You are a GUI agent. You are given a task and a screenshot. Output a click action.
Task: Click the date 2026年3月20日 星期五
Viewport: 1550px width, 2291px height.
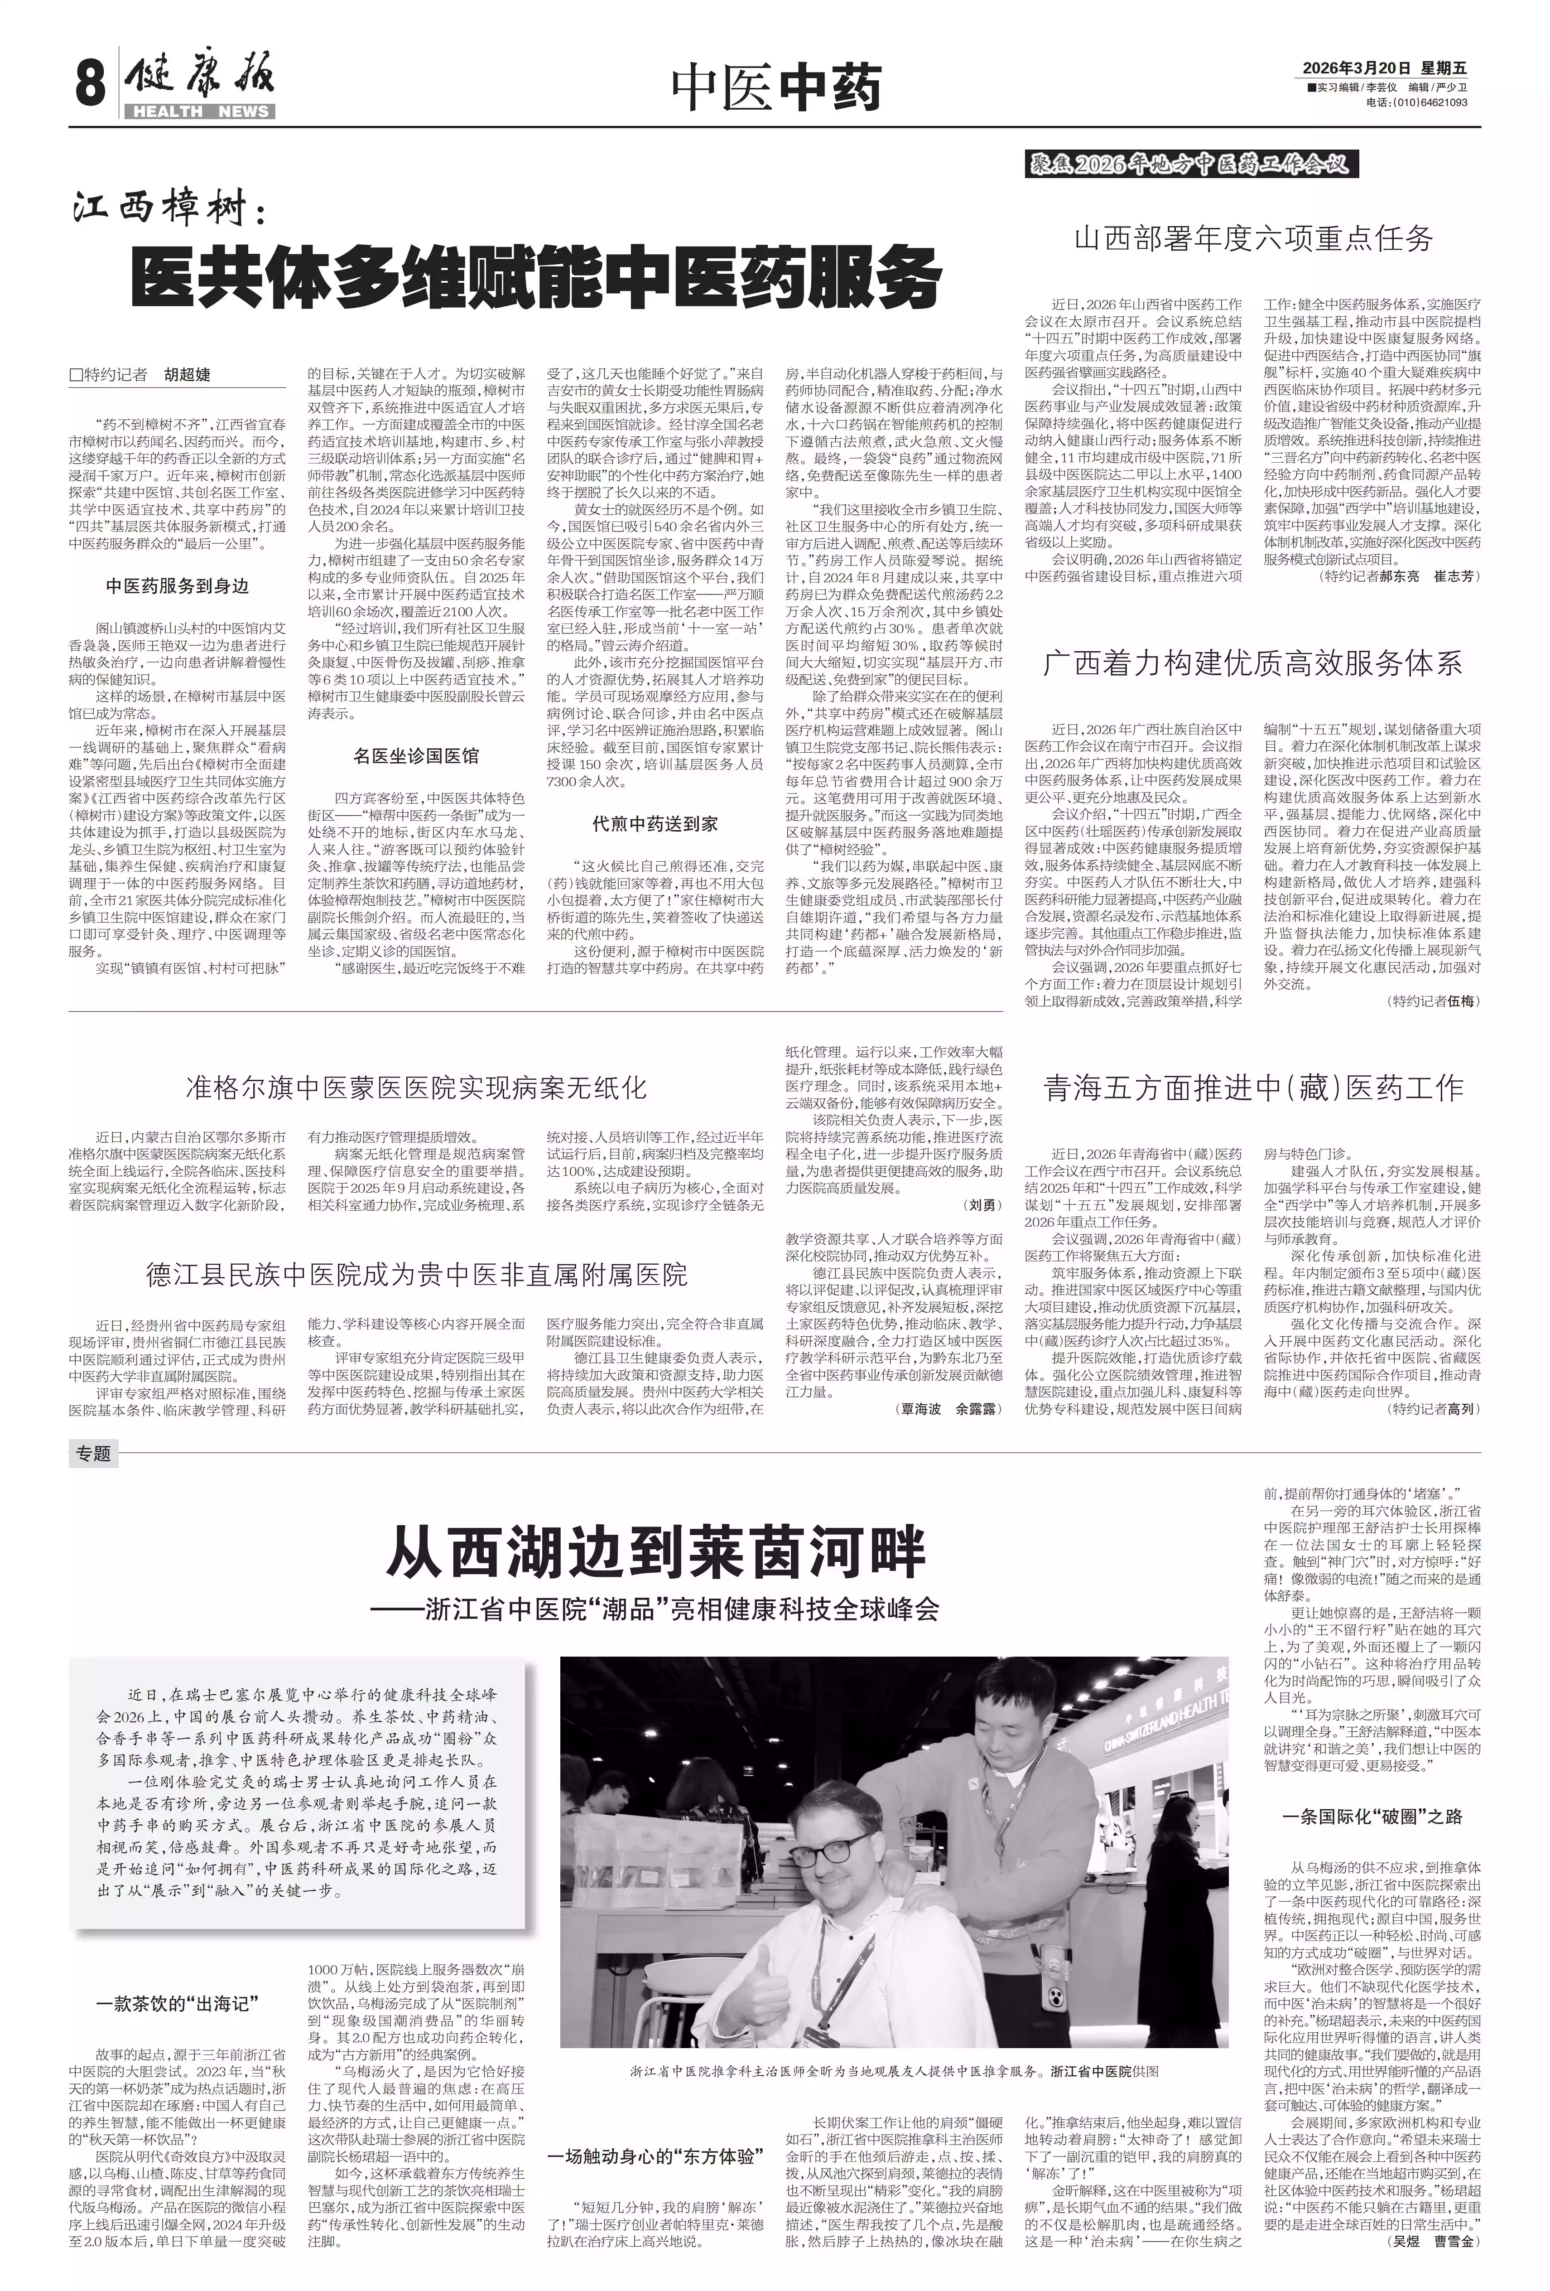[x=1385, y=68]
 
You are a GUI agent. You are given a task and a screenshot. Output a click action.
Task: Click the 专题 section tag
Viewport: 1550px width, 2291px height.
[x=92, y=1453]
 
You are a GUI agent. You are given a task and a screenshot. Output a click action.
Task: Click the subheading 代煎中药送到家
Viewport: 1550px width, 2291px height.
[x=655, y=823]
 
